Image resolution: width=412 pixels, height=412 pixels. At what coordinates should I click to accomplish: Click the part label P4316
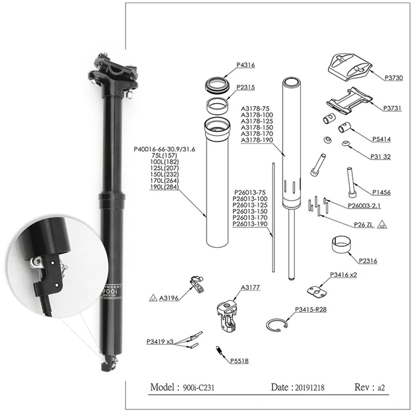246,65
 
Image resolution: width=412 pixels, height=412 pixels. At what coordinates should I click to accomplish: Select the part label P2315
246,87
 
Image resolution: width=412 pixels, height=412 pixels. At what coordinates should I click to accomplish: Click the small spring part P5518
219,351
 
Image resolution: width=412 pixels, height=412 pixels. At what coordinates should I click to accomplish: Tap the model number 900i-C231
199,387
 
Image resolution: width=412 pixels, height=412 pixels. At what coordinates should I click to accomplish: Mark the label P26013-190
250,224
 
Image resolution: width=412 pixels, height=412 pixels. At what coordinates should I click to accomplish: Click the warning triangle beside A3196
153,298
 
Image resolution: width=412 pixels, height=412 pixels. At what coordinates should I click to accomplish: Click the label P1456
381,192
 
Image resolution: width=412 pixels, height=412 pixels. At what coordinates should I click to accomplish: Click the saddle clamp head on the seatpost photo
113,72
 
